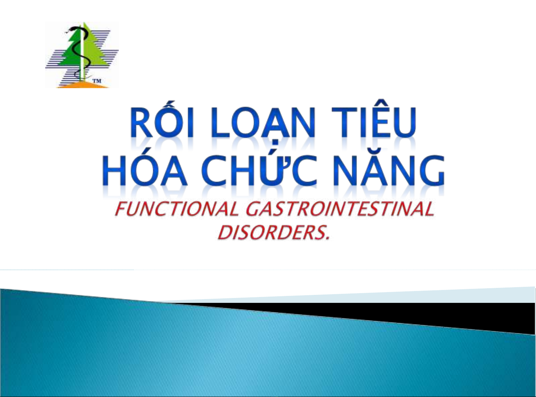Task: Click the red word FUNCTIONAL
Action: click(177, 209)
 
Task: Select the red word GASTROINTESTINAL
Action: click(340, 209)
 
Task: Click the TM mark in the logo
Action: click(97, 81)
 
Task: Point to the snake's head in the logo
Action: click(71, 29)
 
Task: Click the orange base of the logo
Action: click(83, 85)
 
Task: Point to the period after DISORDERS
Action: click(328, 239)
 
